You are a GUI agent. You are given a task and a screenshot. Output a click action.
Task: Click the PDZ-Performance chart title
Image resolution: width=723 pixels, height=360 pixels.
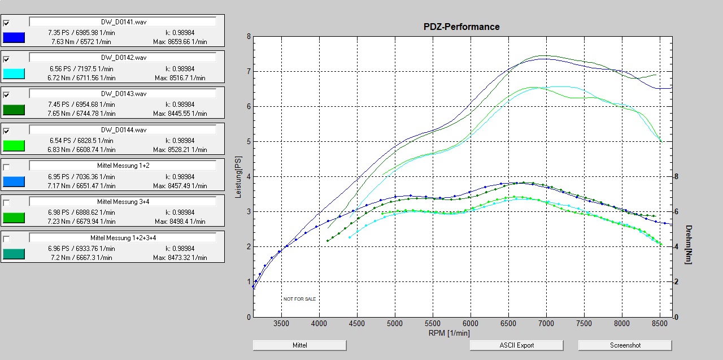(x=461, y=27)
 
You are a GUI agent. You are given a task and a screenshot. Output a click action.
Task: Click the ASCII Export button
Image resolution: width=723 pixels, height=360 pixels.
(x=516, y=345)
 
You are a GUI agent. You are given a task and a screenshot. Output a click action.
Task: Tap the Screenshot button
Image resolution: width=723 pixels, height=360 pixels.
(x=625, y=345)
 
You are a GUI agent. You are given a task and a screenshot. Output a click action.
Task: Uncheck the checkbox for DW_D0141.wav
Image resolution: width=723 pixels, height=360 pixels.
(x=6, y=23)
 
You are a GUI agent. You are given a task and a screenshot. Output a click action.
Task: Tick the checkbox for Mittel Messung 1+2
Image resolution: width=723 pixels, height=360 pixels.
(x=6, y=167)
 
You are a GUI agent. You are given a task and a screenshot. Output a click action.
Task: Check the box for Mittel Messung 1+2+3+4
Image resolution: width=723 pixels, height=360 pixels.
(x=6, y=239)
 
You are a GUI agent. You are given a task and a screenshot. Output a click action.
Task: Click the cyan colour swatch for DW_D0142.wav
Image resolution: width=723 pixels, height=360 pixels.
(x=14, y=73)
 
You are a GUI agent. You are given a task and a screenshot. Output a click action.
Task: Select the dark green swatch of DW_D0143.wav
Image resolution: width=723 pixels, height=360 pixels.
(x=14, y=110)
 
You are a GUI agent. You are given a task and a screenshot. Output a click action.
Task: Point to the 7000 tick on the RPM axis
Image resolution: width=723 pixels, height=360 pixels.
(x=546, y=324)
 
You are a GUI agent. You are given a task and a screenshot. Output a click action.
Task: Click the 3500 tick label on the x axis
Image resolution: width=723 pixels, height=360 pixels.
(x=281, y=324)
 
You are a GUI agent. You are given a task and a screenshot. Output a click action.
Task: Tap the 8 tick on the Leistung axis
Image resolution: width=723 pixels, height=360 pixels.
(x=249, y=37)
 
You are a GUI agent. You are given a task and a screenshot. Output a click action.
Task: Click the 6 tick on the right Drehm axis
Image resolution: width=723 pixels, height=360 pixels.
(x=676, y=211)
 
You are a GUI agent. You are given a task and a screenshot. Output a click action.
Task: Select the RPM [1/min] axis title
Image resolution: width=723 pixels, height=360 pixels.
(x=448, y=333)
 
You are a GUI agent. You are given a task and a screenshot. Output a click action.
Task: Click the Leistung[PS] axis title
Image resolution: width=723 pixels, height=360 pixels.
(x=238, y=177)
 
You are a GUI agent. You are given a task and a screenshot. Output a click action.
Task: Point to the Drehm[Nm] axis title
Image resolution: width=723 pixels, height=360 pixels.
(x=689, y=244)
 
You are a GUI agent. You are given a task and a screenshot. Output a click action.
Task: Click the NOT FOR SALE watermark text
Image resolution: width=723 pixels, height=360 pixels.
(x=299, y=299)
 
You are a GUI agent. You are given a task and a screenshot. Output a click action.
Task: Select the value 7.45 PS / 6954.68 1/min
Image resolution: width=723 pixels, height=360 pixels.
(x=81, y=105)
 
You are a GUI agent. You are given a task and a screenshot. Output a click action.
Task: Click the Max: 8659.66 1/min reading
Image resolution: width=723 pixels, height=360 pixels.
(x=180, y=42)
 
